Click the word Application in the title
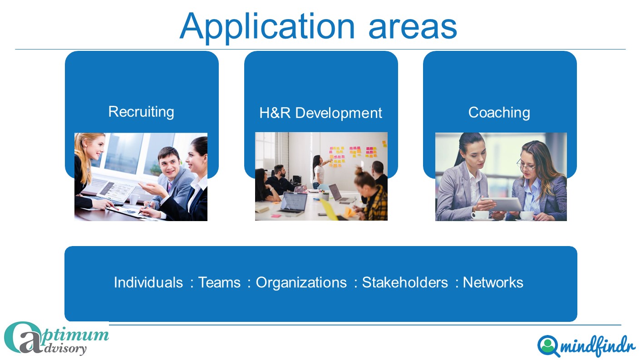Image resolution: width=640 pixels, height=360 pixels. pos(267,27)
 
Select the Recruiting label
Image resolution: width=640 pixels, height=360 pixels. pos(141,112)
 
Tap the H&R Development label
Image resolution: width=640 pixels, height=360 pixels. pos(320,113)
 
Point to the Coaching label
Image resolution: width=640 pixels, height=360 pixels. pos(499,113)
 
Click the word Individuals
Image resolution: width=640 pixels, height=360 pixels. pos(148,282)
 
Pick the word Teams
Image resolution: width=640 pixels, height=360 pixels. pos(219,282)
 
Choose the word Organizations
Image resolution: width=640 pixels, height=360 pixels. pos(301,282)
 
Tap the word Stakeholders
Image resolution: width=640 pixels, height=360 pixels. pos(405,282)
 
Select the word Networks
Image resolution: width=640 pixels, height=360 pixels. pos(493,282)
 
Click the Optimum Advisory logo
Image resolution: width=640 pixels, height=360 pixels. pos(56,338)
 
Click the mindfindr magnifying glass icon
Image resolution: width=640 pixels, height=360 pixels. pos(548,345)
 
